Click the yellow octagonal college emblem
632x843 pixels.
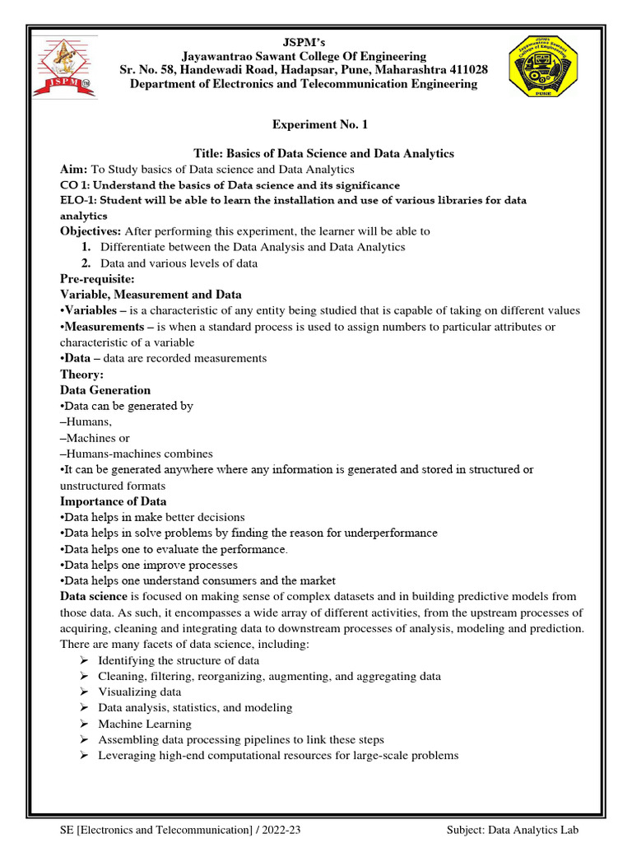click(541, 67)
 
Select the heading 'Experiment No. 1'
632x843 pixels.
click(320, 124)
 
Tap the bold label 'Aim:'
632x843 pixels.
click(74, 169)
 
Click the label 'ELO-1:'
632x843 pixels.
click(82, 200)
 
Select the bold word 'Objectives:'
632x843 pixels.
click(91, 231)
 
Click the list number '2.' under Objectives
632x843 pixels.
click(86, 263)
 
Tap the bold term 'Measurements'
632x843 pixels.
click(103, 327)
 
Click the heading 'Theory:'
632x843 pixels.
click(81, 375)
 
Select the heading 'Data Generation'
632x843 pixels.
click(105, 390)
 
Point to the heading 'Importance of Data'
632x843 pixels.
click(113, 501)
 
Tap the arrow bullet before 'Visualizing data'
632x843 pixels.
click(84, 692)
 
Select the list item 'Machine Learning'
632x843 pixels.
click(144, 724)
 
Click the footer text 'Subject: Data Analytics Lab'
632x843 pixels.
click(516, 830)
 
